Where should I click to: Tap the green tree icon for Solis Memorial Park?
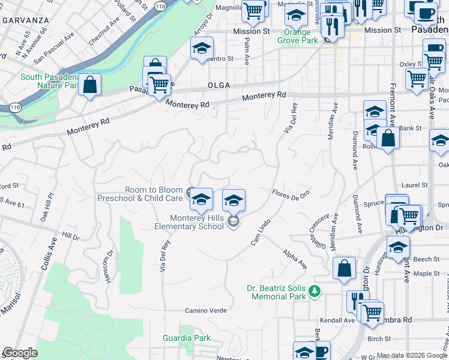click(x=314, y=292)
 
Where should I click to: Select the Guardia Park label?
click(x=187, y=338)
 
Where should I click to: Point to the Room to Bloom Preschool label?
click(x=154, y=194)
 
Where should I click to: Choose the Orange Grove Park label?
click(x=294, y=36)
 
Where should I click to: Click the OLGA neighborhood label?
click(x=219, y=85)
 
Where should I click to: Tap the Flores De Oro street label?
click(x=291, y=194)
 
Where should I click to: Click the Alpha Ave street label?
click(x=295, y=259)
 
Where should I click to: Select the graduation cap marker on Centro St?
click(x=202, y=48)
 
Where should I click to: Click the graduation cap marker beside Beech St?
click(x=398, y=247)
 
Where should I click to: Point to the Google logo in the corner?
click(x=20, y=353)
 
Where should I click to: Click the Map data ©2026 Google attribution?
click(x=412, y=355)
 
